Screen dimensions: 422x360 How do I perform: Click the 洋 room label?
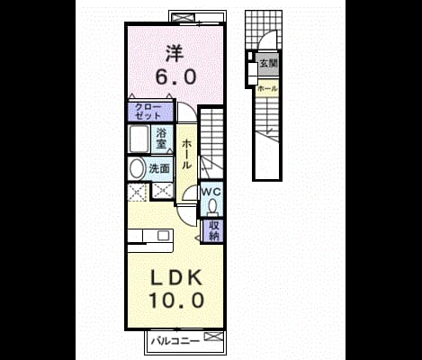coord(174,53)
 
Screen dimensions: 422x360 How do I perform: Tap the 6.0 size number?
coord(175,76)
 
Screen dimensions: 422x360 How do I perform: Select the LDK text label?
coord(176,278)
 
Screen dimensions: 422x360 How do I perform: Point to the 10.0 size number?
coord(177,301)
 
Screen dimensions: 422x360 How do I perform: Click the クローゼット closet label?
coord(148,112)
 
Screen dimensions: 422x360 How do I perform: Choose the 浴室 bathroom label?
coord(161,139)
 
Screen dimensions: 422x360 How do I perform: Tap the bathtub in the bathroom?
coord(139,139)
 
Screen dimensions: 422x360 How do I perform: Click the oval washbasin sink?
coord(137,168)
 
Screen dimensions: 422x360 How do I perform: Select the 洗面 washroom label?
coord(159,169)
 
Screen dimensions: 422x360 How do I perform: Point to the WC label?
coord(211,192)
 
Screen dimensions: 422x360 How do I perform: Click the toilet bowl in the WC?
coord(212,207)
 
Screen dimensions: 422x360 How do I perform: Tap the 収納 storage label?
coord(214,230)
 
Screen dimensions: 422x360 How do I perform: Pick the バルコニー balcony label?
coord(175,341)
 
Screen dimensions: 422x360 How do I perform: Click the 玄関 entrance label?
coord(268,63)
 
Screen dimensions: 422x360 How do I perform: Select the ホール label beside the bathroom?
coord(186,154)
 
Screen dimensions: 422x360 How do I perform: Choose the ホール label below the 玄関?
coord(267,89)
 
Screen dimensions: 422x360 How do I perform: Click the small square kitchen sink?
coord(164,235)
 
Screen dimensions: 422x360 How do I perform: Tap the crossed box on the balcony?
coord(213,337)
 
